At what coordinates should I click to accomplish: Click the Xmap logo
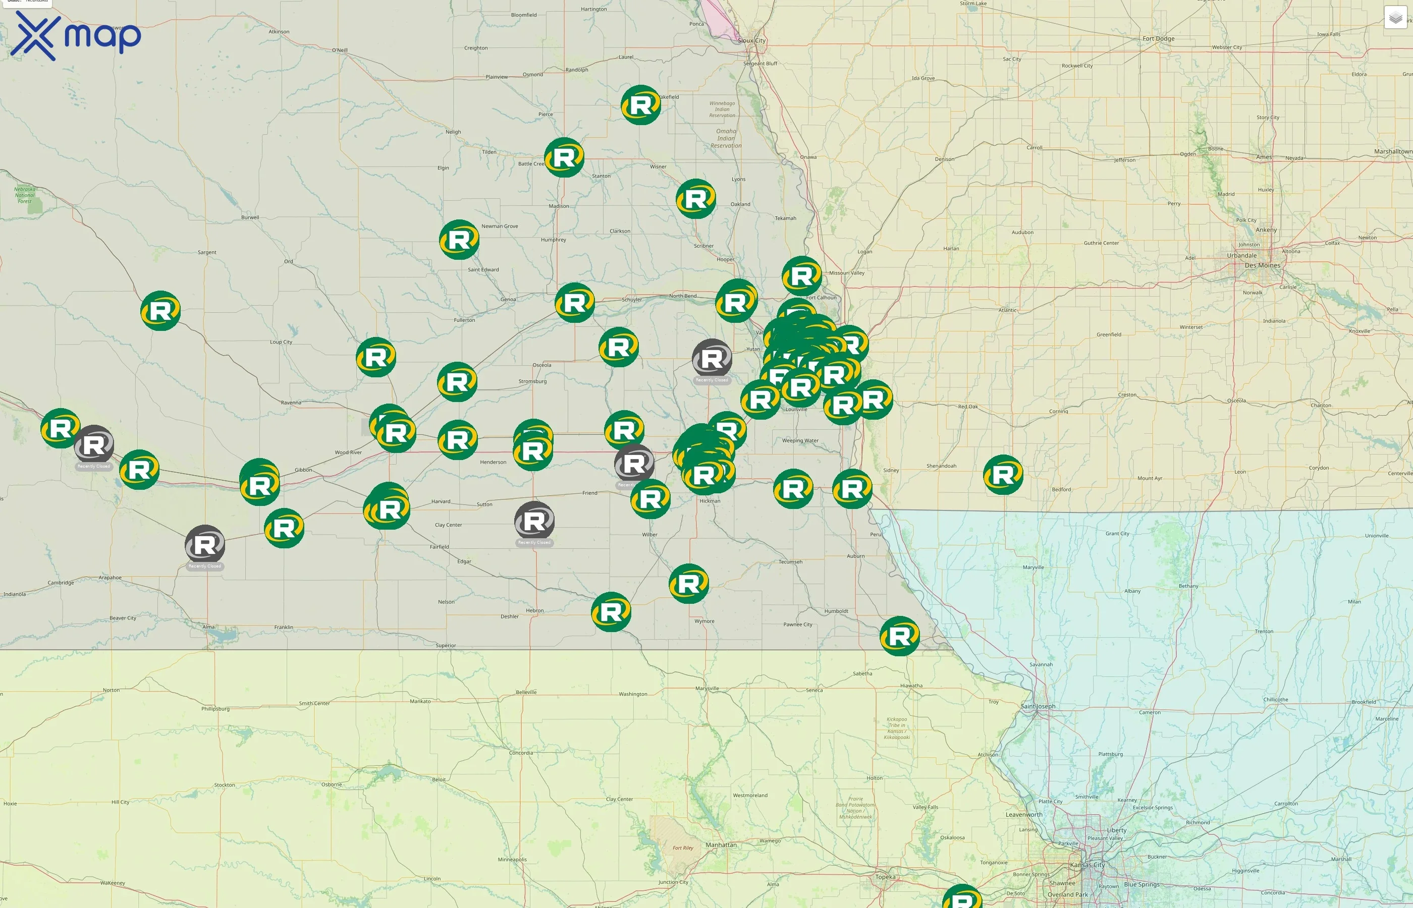[x=76, y=36]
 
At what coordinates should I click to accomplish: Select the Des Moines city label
[x=1262, y=265]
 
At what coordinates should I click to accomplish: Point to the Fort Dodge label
[x=1158, y=39]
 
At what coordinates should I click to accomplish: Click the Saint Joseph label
[x=1038, y=706]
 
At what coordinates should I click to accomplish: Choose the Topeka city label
[x=885, y=877]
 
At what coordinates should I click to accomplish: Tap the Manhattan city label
[x=721, y=845]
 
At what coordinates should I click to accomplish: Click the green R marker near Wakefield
[x=640, y=105]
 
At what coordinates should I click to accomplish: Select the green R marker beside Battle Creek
[x=564, y=157]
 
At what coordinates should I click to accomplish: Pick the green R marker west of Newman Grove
[x=459, y=240]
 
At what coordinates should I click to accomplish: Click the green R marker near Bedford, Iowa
[x=1003, y=475]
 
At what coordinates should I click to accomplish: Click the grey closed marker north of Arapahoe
[x=205, y=545]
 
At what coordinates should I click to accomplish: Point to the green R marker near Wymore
[x=688, y=584]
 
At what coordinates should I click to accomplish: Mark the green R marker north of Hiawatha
[x=899, y=636]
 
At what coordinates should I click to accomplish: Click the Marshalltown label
[x=1393, y=151]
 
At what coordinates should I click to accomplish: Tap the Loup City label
[x=281, y=342]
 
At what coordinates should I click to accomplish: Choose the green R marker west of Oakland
[x=696, y=199]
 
